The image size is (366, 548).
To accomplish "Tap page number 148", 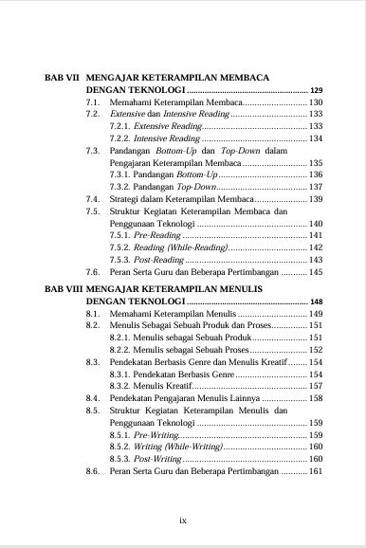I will click(317, 301).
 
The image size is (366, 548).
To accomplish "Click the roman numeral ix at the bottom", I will click(183, 520).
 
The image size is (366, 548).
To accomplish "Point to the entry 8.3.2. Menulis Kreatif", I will click(152, 386).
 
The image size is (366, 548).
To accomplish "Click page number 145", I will click(317, 272).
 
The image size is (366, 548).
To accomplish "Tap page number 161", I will click(317, 471).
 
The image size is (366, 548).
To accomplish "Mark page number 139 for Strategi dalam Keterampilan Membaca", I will click(317, 199).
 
